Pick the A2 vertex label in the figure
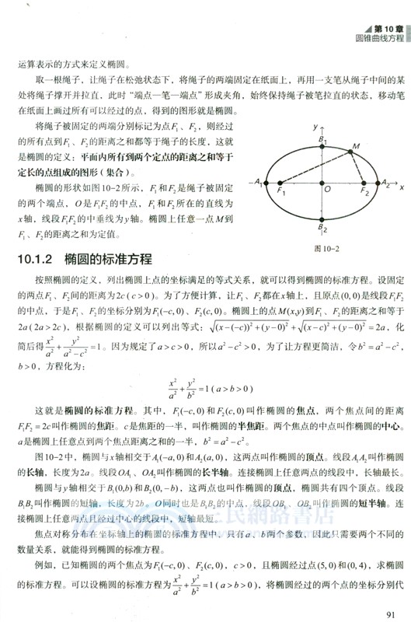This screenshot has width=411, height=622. pyautogui.click(x=382, y=183)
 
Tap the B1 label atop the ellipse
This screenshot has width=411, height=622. pyautogui.click(x=321, y=138)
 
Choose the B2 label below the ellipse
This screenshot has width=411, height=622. pyautogui.click(x=322, y=229)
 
